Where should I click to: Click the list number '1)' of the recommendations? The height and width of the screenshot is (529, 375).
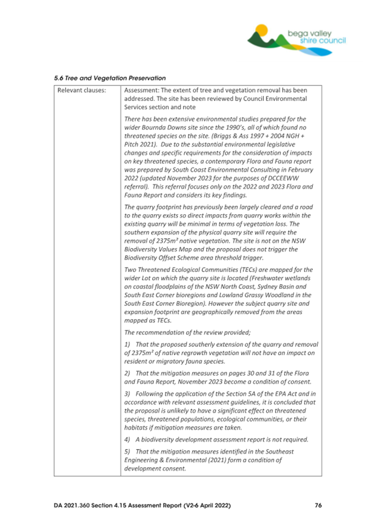tap(128, 345)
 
